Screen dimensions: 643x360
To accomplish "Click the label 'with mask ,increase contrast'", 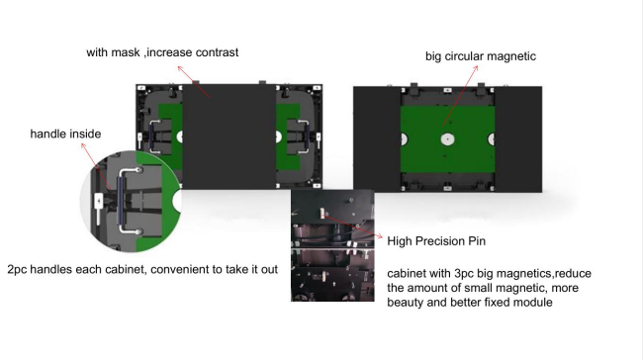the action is click(x=162, y=52).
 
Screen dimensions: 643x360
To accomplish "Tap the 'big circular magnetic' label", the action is click(x=481, y=56).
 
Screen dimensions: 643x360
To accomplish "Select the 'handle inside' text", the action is click(x=65, y=134).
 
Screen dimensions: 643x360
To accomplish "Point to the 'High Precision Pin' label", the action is click(x=436, y=241).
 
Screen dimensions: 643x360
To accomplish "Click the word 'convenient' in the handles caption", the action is click(x=180, y=269).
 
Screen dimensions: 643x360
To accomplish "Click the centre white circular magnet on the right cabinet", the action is click(x=447, y=139).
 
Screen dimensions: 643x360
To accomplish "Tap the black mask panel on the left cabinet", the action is click(x=230, y=136).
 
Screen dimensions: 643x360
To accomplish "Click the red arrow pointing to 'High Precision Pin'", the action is click(x=352, y=225).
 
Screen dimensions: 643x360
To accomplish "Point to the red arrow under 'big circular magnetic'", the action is click(x=461, y=96).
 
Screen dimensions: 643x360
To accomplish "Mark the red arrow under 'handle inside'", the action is click(x=96, y=166).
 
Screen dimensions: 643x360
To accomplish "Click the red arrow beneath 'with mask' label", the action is click(x=193, y=82).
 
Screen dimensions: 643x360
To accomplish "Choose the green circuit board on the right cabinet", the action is click(x=447, y=139).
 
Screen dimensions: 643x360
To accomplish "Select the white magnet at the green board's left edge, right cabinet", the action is click(x=404, y=139).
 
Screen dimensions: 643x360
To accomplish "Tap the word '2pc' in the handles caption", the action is click(x=17, y=270).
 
